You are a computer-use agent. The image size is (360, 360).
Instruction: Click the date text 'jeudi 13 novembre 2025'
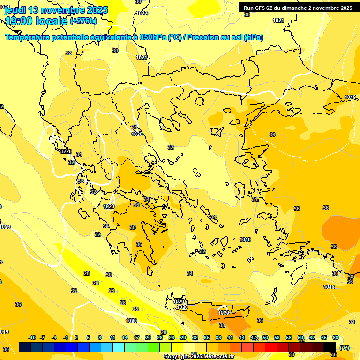pyautogui.click(x=56, y=10)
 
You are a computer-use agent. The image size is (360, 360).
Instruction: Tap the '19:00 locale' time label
pyautogui.click(x=36, y=21)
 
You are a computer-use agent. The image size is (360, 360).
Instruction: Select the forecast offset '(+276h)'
pyautogui.click(x=83, y=21)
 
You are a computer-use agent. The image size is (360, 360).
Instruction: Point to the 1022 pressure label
pyautogui.click(x=142, y=13)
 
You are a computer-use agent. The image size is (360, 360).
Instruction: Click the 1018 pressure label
pyautogui.click(x=329, y=287)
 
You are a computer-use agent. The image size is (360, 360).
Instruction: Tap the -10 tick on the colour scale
pyautogui.click(x=32, y=337)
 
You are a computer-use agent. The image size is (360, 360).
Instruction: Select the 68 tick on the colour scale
pyautogui.click(x=336, y=337)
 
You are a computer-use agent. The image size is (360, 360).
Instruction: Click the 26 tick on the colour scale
pyautogui.click(x=172, y=337)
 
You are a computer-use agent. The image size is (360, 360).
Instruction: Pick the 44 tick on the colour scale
pyautogui.click(x=242, y=337)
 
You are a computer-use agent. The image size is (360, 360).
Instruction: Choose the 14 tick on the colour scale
pyautogui.click(x=125, y=337)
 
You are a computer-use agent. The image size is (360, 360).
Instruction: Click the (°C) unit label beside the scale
pyautogui.click(x=345, y=348)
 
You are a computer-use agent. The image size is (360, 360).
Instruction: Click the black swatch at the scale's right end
pyautogui.click(x=330, y=346)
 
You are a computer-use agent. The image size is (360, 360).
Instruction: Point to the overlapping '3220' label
pyautogui.click(x=66, y=151)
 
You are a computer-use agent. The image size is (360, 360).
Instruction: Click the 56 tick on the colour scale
pyautogui.click(x=289, y=337)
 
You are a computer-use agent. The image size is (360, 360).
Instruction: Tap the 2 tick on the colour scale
pyautogui.click(x=76, y=337)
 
